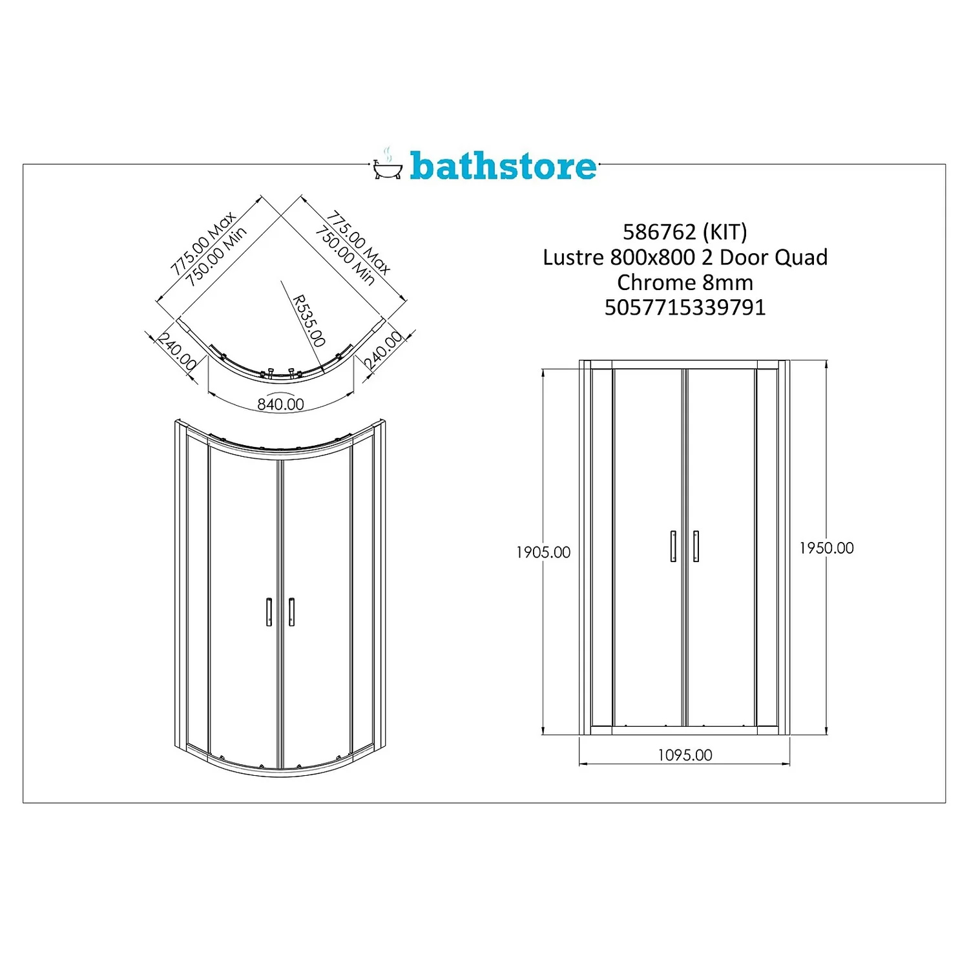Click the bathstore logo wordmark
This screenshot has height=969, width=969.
coord(503,166)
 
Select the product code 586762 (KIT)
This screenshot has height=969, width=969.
coord(685,231)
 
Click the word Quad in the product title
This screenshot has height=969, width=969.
coord(801,257)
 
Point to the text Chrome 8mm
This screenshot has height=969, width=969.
coord(685,282)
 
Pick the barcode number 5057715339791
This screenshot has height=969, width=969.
coord(685,307)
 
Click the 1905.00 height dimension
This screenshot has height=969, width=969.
coord(543,552)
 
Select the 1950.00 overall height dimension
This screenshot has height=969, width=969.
coord(826,548)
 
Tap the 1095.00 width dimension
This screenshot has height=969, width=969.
coord(685,755)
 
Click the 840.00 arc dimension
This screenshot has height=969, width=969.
coord(280,404)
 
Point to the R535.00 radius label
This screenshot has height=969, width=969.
coord(309,320)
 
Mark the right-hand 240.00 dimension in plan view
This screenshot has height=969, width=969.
coord(384,350)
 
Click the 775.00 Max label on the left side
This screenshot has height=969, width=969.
coord(202,243)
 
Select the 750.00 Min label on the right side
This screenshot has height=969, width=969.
coord(345,256)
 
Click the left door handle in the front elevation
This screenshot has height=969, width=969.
coord(673,546)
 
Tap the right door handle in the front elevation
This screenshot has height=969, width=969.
coord(696,546)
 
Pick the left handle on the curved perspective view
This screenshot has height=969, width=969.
coord(269,612)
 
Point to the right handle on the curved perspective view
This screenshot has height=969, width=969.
coord(291,612)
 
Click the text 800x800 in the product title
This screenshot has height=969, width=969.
coord(652,257)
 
